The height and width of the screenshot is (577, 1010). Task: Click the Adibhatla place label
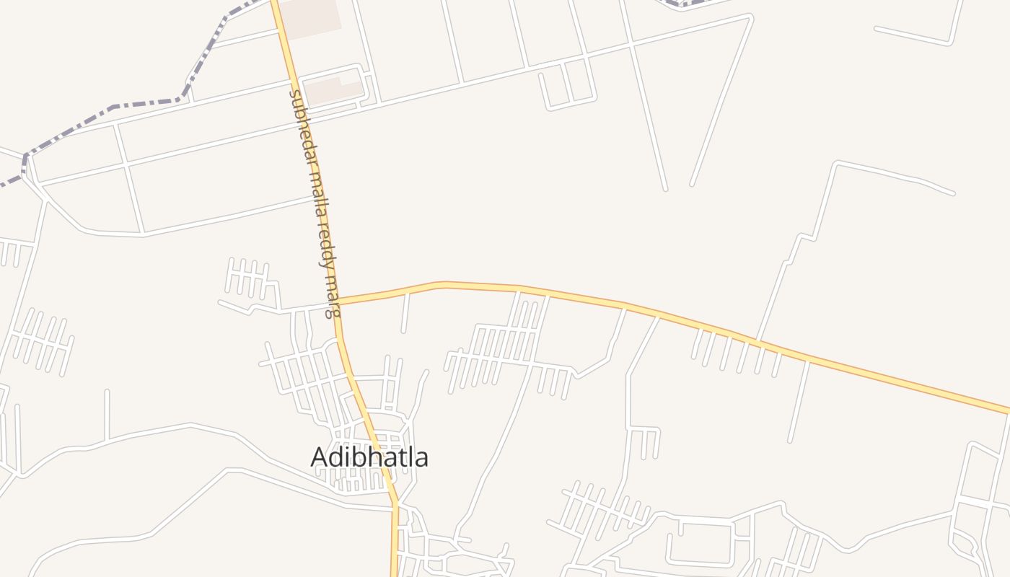pos(369,457)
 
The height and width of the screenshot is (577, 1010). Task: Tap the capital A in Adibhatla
pos(318,457)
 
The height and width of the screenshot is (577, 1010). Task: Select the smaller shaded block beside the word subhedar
pos(332,90)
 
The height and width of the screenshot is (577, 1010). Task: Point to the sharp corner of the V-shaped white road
pos(750,17)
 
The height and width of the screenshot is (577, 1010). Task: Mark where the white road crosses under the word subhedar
pos(295,118)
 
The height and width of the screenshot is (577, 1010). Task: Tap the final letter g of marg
pos(332,312)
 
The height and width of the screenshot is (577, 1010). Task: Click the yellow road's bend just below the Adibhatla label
pos(395,501)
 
